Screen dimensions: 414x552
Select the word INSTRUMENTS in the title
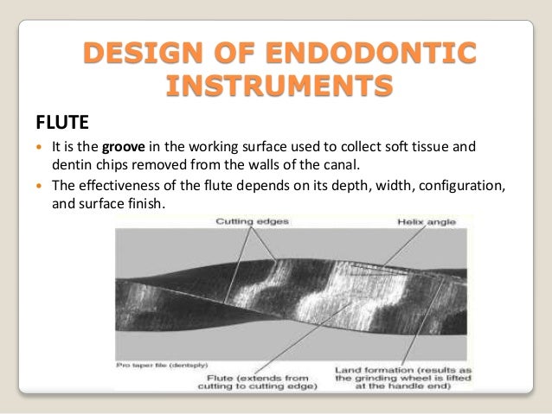click(x=276, y=86)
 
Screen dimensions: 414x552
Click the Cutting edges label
click(x=253, y=222)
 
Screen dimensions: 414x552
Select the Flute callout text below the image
click(x=265, y=379)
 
